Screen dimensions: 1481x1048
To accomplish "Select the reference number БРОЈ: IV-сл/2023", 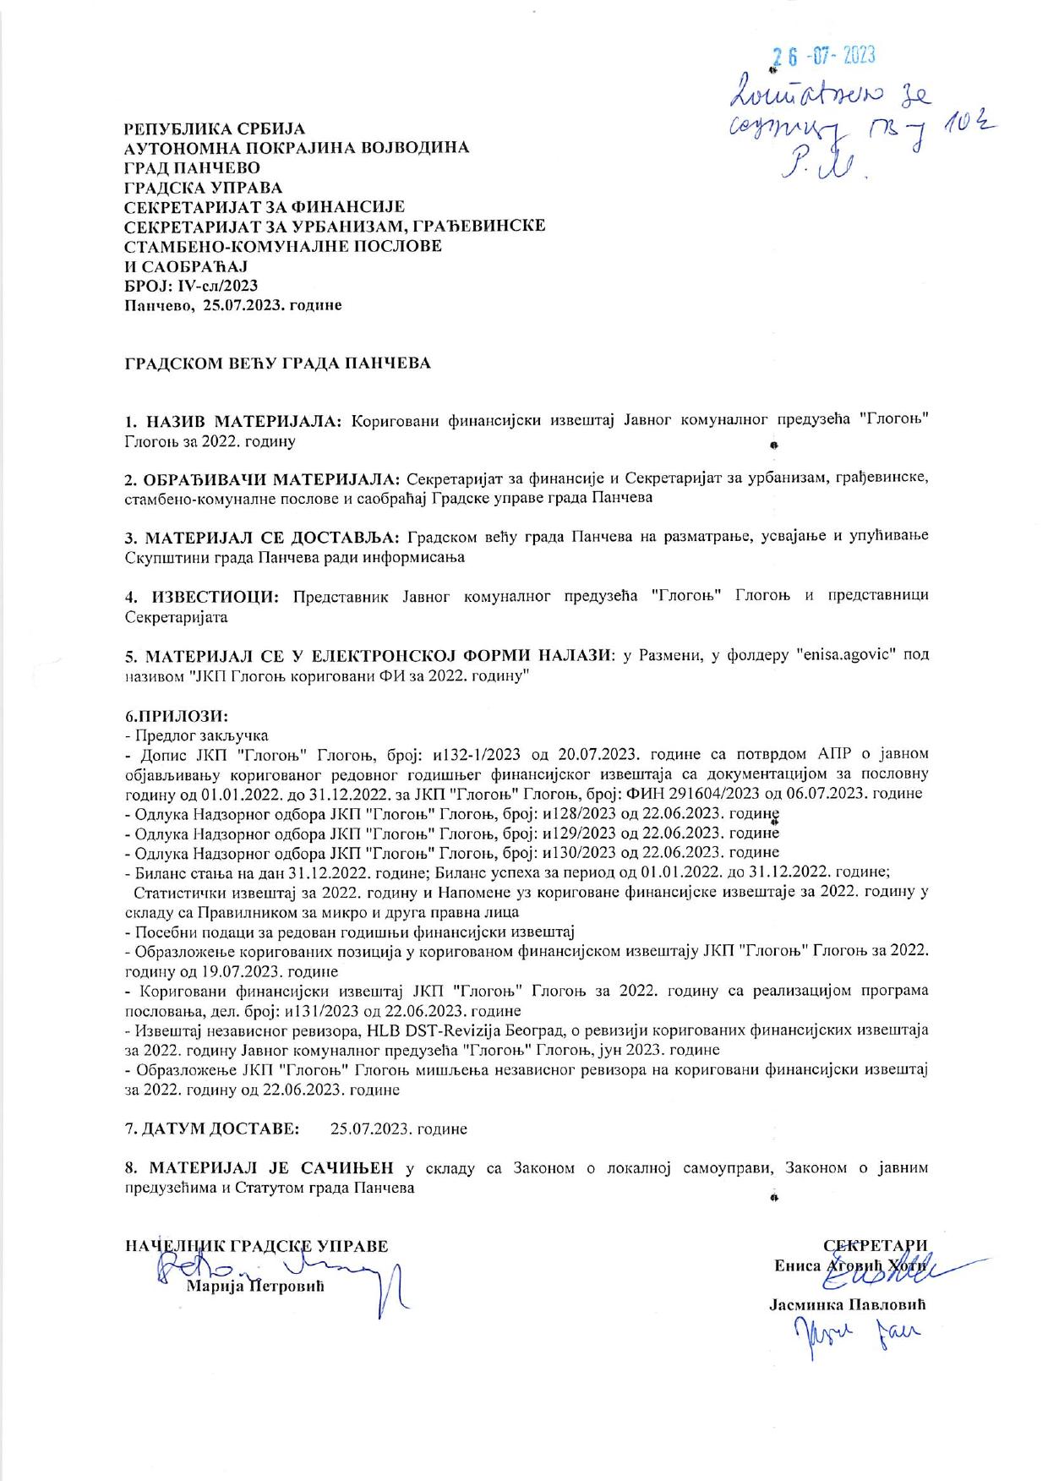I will [x=191, y=285].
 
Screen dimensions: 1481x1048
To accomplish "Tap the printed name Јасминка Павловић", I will [x=849, y=1304].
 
